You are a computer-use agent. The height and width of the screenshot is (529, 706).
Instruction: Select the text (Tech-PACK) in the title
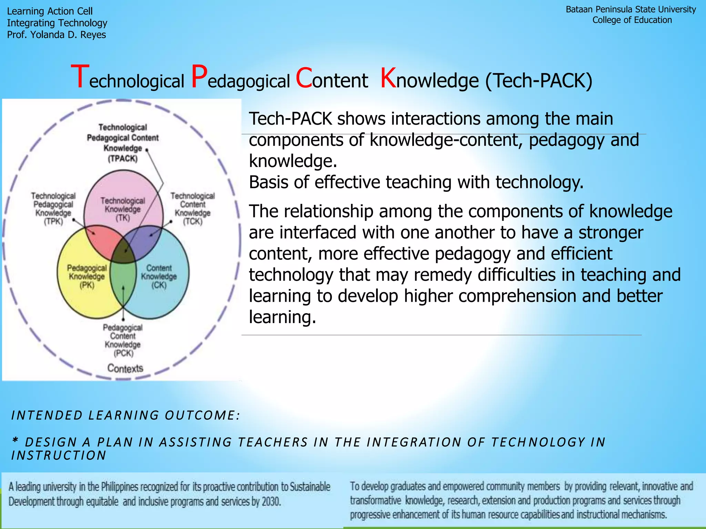click(539, 81)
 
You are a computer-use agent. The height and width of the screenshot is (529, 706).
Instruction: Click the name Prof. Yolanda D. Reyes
click(57, 35)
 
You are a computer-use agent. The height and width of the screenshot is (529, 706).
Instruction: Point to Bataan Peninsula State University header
click(631, 10)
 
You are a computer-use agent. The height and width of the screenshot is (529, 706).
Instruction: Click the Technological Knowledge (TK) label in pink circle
click(123, 209)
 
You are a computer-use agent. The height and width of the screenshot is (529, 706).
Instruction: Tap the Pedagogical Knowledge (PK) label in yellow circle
click(87, 276)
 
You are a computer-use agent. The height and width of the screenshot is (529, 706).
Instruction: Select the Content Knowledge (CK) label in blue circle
click(159, 276)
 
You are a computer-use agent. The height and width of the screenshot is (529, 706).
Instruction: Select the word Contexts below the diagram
click(125, 368)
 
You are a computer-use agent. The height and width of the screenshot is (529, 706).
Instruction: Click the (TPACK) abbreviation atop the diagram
click(123, 159)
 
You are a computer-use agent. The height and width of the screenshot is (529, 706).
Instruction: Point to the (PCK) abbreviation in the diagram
click(123, 353)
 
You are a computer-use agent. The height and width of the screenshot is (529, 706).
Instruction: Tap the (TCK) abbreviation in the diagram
click(193, 221)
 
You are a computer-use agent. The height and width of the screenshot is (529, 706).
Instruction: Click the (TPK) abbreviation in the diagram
click(53, 221)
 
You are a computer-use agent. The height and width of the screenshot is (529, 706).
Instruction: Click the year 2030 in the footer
click(271, 501)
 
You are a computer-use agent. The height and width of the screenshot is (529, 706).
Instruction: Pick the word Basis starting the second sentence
click(268, 182)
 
